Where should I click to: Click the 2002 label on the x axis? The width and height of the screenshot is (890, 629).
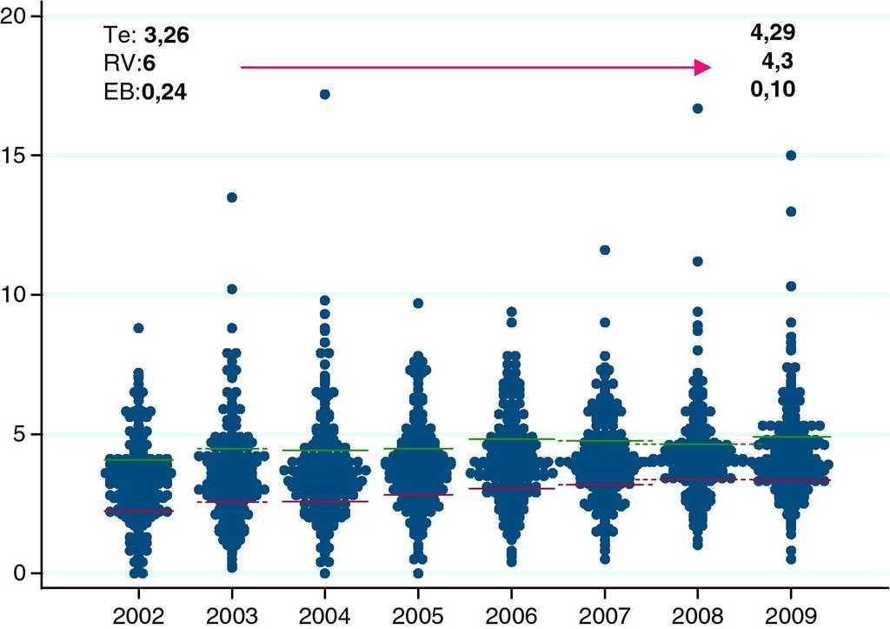137,616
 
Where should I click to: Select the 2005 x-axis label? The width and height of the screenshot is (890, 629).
419,616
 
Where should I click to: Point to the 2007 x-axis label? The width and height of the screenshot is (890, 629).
605,616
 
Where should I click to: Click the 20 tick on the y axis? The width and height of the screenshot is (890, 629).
17,17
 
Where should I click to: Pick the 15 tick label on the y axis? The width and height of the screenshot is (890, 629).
17,156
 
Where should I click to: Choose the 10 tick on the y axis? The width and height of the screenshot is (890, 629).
17,295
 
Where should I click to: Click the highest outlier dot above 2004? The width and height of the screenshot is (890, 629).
325,94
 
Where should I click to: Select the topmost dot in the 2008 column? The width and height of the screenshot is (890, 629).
697,109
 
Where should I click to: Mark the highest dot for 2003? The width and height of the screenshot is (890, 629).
232,197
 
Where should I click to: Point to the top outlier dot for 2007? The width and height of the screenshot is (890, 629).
605,250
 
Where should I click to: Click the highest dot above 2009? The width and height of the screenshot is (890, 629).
791,156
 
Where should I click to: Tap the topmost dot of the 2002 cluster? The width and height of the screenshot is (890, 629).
138,328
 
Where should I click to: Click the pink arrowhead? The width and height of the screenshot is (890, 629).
702,67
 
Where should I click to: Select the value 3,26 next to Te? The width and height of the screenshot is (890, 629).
166,36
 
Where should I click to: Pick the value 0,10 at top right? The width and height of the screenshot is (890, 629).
773,90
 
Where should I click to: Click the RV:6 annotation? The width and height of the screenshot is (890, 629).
130,63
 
